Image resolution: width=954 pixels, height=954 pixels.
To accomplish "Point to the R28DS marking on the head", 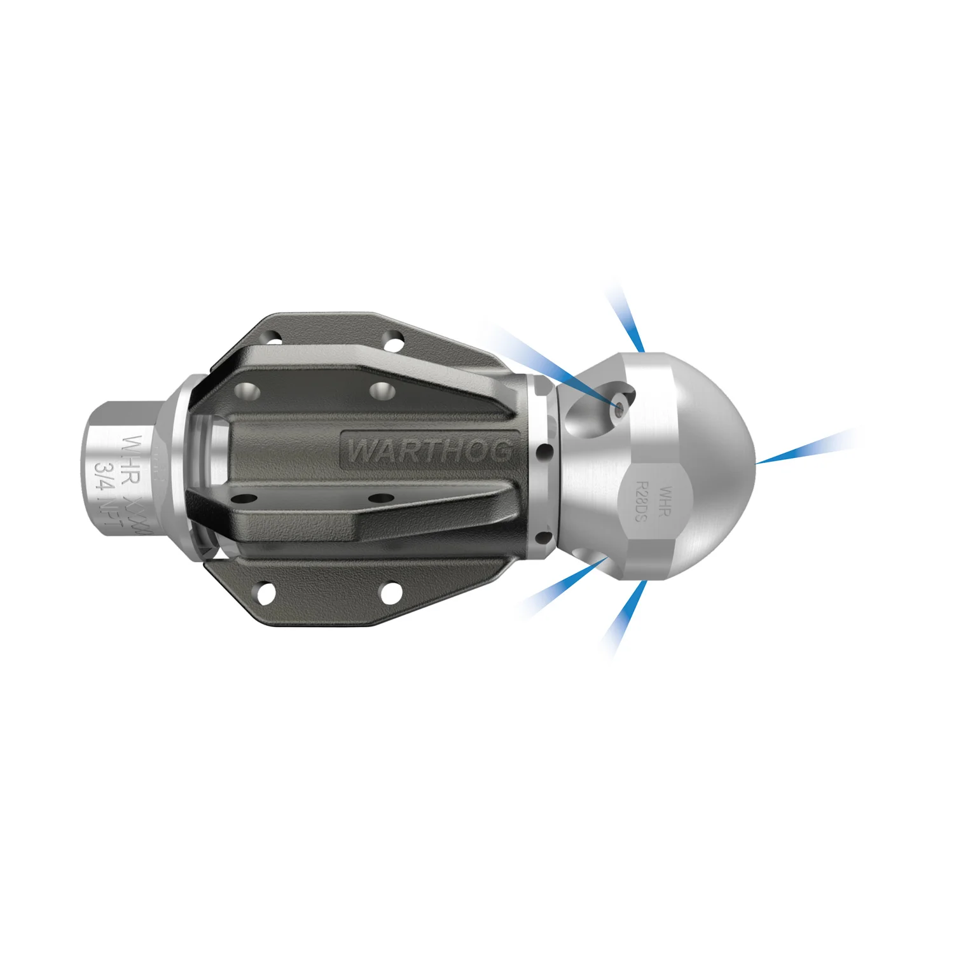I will (x=641, y=501).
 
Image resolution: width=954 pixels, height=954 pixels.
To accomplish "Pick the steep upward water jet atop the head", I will (x=626, y=318).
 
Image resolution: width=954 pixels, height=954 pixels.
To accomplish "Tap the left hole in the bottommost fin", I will (x=266, y=593).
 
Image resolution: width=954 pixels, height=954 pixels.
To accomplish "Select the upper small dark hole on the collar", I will (x=544, y=453).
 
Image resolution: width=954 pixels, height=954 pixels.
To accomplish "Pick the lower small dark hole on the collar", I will (x=544, y=538).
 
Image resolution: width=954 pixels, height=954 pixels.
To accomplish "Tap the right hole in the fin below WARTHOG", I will (x=378, y=497).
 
